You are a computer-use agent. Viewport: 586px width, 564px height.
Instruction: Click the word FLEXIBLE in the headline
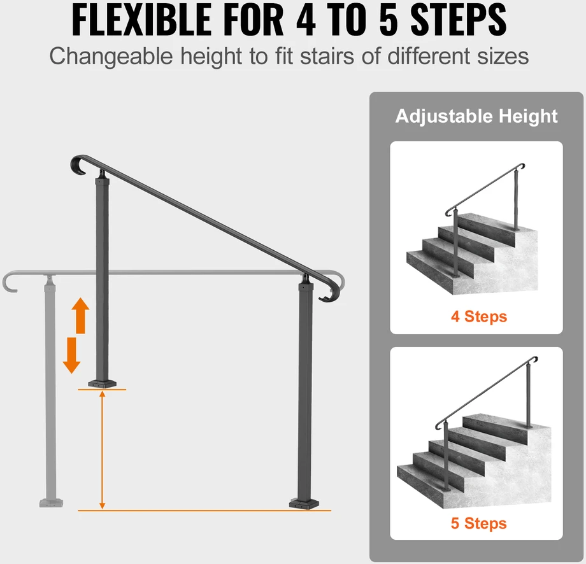tap(141, 20)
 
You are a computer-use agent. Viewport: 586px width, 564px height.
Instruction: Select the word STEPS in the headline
tap(459, 20)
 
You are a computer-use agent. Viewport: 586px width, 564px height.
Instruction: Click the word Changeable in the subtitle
tap(111, 57)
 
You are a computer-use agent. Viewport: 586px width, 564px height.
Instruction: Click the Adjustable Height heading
tap(476, 116)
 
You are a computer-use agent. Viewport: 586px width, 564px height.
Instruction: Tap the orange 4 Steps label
tap(479, 316)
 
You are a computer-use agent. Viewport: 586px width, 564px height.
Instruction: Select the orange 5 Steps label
tap(479, 523)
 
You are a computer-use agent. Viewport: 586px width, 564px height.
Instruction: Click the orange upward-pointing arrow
tap(80, 315)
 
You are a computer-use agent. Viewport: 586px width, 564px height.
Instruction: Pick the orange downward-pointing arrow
tap(72, 355)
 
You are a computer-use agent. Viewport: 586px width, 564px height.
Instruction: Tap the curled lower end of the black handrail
tap(331, 292)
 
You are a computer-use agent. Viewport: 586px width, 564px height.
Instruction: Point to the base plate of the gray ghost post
tap(51, 503)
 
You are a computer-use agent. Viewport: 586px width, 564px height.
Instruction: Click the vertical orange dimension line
tap(102, 449)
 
